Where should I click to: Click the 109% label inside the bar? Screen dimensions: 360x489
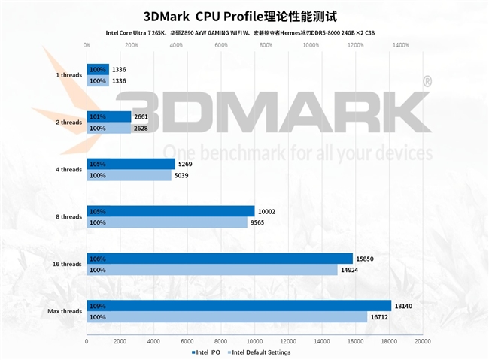click(x=97, y=306)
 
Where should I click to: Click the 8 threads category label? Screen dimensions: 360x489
click(x=68, y=217)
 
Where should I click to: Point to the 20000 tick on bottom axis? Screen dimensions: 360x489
click(x=423, y=341)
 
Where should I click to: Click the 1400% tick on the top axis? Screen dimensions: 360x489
click(x=401, y=45)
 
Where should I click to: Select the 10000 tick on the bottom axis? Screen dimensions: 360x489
click(x=255, y=341)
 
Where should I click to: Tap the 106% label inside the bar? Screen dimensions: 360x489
click(x=97, y=259)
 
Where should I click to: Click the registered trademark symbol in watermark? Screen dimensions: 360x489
click(x=427, y=80)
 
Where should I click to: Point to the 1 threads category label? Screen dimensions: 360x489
click(x=68, y=75)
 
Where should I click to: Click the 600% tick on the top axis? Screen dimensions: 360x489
click(x=221, y=45)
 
